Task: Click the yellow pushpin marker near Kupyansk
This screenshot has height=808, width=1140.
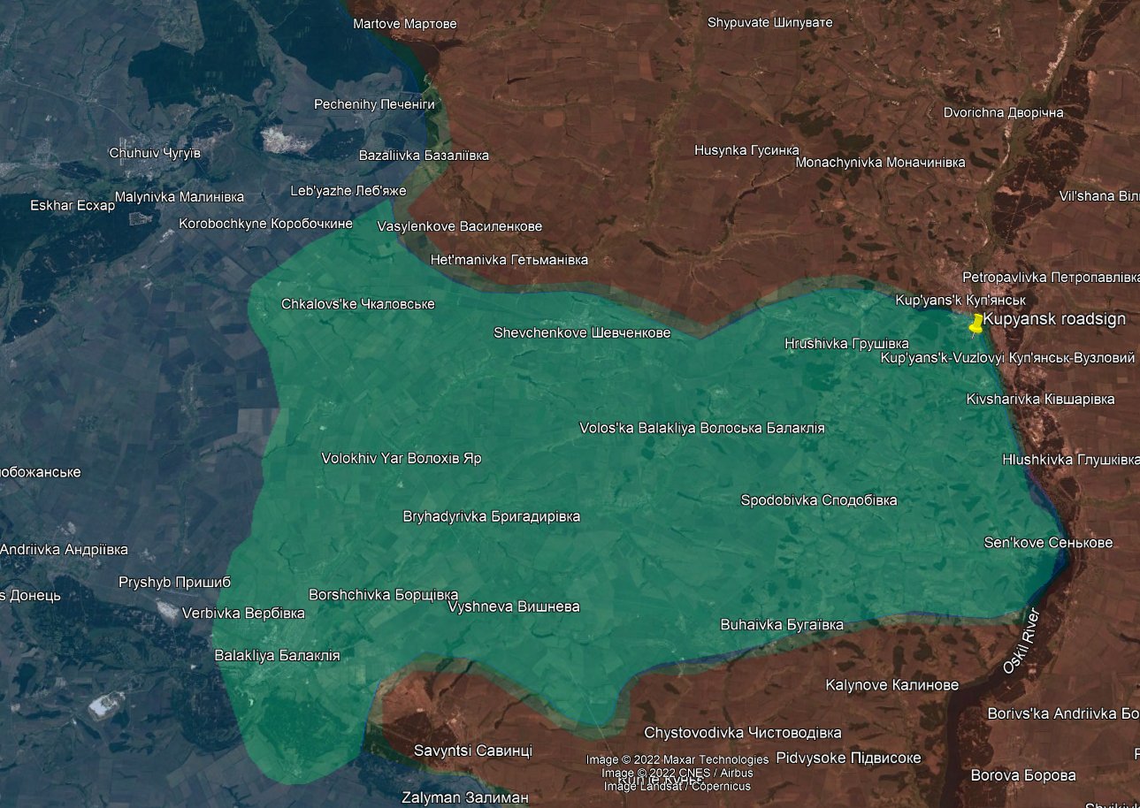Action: coord(976,323)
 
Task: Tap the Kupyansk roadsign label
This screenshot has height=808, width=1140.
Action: coord(1054,319)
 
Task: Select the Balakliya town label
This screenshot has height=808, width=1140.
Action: coord(277,656)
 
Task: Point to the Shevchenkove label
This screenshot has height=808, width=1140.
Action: coord(581,333)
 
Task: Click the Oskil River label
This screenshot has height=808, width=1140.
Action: coord(1022,641)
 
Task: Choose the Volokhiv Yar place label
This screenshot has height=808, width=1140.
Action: coord(401,459)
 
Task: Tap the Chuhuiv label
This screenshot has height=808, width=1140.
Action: coord(155,153)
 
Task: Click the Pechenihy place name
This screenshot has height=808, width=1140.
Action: coord(374,104)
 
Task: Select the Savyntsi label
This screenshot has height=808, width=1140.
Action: coord(472,751)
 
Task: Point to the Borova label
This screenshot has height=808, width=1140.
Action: coord(1023,775)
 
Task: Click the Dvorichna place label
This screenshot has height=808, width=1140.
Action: coord(1003,113)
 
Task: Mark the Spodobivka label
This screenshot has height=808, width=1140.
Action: coord(818,500)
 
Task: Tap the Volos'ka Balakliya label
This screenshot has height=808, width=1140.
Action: coord(701,428)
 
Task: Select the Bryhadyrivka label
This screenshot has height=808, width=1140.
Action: coord(491,516)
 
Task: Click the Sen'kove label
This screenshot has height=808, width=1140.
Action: coord(1048,543)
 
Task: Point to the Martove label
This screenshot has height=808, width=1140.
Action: coord(404,24)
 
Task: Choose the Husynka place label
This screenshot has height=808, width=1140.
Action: coord(746,150)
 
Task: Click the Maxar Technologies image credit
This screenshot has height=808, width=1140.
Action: coord(677,759)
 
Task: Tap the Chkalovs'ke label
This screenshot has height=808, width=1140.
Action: coord(357,304)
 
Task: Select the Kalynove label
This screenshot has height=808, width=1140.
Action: coord(891,685)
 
